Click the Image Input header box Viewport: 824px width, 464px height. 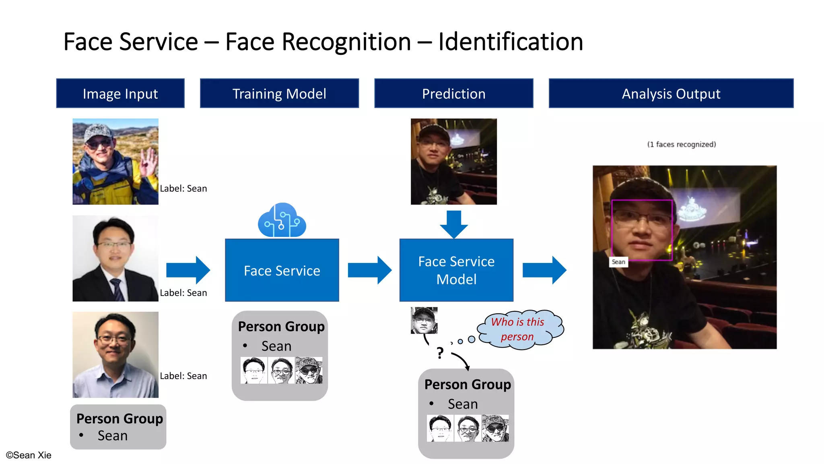pos(120,93)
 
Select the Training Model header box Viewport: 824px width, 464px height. pos(279,93)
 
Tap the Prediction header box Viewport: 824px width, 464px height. pos(453,93)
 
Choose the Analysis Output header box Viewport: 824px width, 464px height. pos(671,93)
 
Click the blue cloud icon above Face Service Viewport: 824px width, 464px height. pos(282,221)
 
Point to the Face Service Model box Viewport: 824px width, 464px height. pos(456,270)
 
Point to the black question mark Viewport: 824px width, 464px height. pos(440,353)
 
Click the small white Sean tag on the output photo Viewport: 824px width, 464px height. pos(618,262)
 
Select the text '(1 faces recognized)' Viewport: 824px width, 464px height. pos(682,144)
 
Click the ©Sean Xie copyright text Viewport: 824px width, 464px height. pos(29,455)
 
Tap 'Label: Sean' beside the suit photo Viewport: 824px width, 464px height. pos(183,293)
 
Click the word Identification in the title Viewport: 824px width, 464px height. pos(511,41)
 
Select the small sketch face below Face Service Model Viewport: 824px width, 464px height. pos(424,320)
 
